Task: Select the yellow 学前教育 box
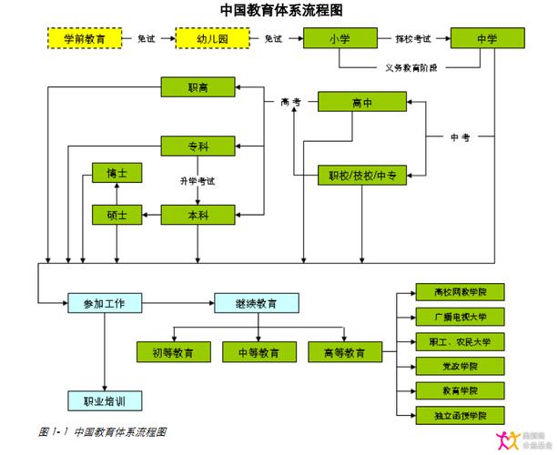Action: coord(84,39)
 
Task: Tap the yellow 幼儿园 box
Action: coord(212,39)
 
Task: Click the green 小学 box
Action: coord(340,39)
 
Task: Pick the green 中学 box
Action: coord(487,39)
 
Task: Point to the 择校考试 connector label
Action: coord(413,39)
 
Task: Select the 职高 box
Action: coord(198,87)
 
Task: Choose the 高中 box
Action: coord(361,103)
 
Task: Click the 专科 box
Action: coord(198,146)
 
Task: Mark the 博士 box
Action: coord(117,173)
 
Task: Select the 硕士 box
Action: coord(117,216)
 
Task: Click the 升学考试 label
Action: coord(198,181)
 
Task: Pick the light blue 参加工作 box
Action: coord(105,303)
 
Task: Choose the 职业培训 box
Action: coord(105,400)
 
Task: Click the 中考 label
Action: coord(461,137)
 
